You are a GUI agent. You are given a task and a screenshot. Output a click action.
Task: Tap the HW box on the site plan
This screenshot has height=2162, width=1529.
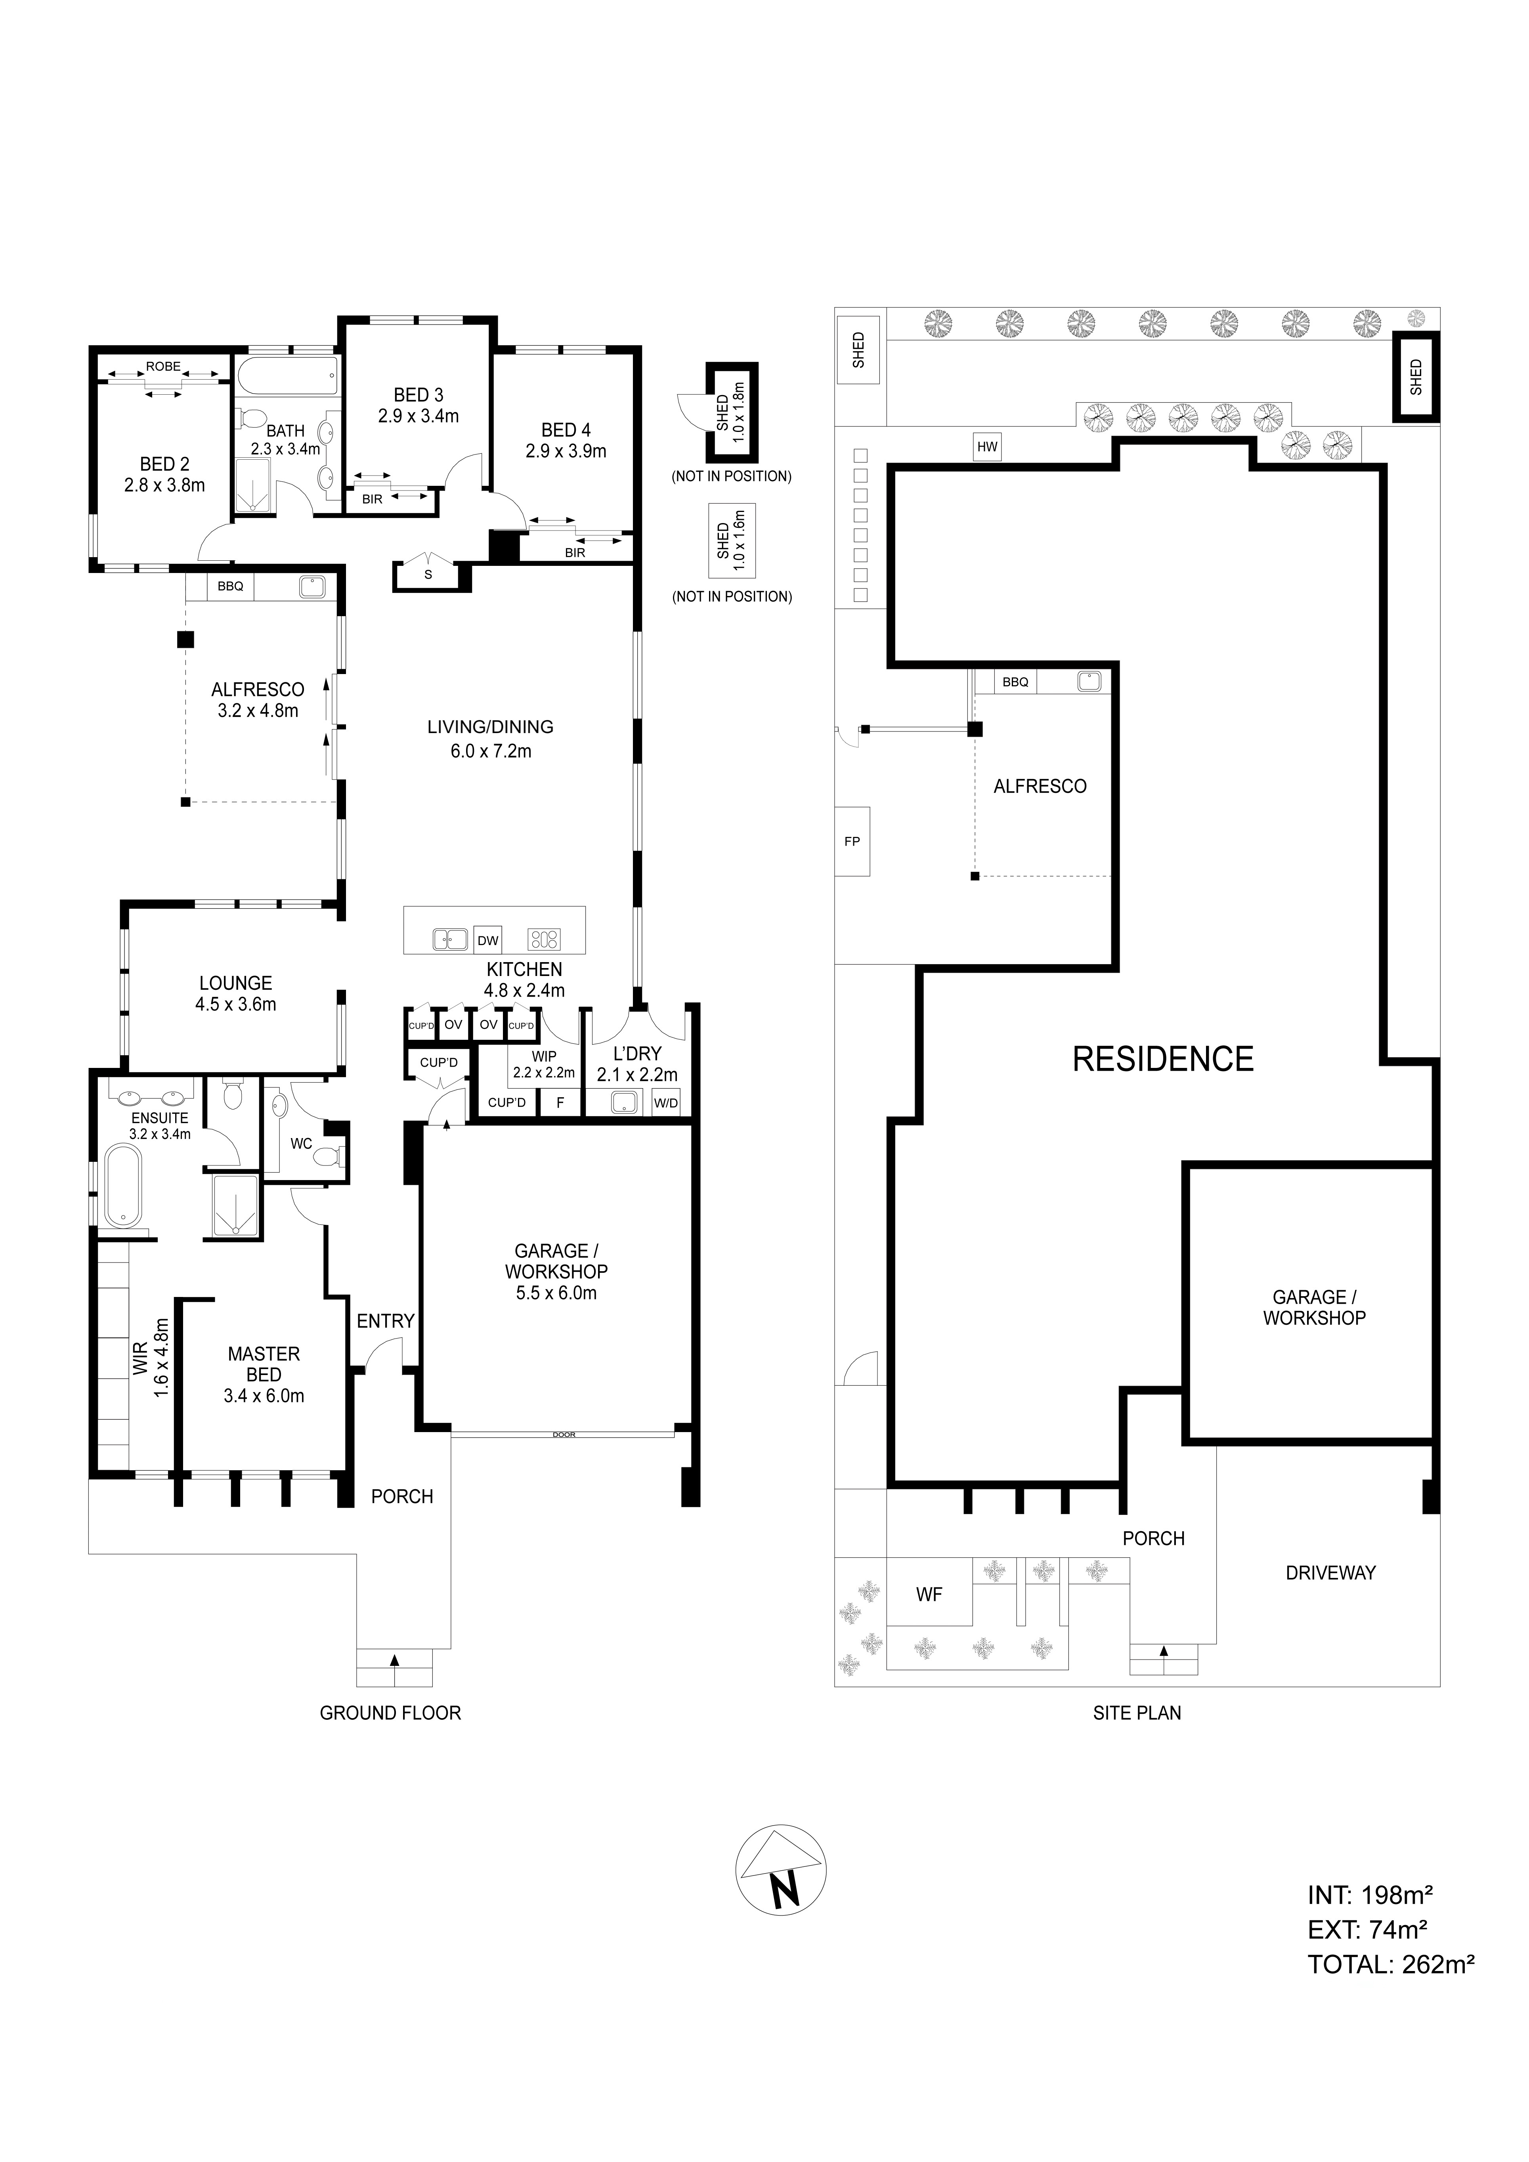pos(987,447)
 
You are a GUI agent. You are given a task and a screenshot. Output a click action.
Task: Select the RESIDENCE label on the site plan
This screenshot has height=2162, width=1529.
pos(1163,1059)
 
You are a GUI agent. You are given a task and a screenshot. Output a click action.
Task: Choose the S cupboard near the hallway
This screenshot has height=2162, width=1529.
pos(428,575)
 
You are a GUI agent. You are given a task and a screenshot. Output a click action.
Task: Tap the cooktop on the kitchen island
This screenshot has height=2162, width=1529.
pos(544,938)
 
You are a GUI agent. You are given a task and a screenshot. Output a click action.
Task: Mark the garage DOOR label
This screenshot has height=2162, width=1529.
pos(563,1435)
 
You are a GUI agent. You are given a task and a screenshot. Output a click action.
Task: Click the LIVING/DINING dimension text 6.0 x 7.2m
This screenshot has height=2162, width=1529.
pos(491,751)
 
